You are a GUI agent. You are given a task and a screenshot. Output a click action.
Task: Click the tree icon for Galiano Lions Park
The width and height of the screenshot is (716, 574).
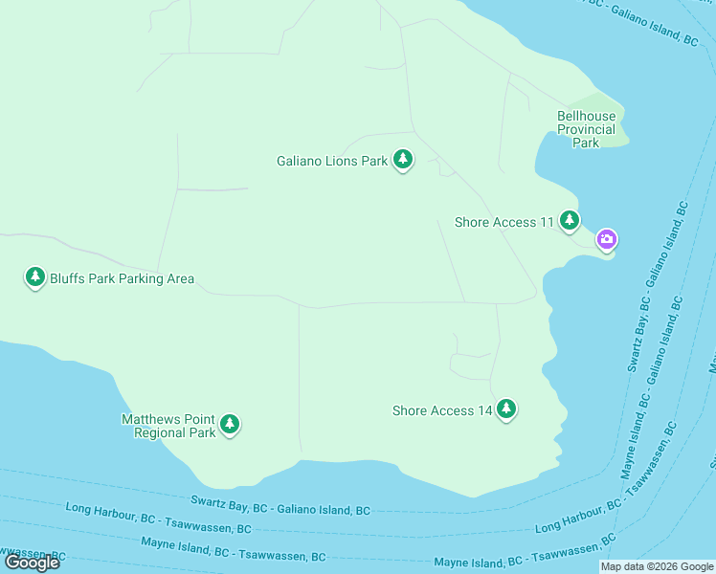403,159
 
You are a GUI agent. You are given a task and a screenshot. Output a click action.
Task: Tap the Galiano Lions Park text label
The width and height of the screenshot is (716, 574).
332,161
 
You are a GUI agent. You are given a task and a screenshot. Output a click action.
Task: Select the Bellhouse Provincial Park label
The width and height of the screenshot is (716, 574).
586,129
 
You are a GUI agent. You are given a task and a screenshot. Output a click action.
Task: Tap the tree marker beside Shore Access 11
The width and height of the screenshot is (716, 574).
570,220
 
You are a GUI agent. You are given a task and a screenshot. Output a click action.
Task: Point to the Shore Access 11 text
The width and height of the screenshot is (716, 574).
503,222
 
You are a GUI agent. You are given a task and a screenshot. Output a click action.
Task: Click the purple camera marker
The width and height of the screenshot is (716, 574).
606,238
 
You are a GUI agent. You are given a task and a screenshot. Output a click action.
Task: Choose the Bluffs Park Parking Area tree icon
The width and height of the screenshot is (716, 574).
35,276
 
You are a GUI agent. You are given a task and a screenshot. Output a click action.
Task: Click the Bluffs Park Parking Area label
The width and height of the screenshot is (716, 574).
122,279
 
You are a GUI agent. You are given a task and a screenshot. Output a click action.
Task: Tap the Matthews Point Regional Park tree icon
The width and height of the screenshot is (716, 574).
229,423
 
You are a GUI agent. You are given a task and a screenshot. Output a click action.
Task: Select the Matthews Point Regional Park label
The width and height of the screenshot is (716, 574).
168,426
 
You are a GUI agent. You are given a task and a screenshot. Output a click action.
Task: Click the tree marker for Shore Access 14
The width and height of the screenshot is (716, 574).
506,408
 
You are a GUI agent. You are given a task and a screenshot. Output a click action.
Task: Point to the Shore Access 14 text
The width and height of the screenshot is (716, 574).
441,410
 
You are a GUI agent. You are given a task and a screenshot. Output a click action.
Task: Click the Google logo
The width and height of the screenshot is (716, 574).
33,562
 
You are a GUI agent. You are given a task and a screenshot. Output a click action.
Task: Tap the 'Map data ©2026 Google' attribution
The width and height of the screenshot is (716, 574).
657,566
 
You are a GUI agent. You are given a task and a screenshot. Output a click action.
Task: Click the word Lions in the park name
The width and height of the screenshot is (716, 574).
344,161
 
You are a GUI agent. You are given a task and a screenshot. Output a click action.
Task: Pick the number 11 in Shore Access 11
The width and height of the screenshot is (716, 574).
547,222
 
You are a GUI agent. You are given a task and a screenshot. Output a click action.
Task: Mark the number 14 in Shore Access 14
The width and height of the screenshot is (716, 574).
484,410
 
